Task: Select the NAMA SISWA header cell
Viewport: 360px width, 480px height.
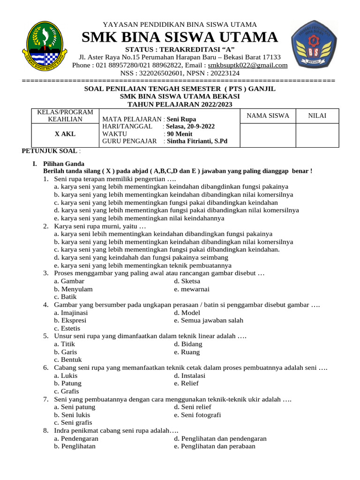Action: (x=268, y=116)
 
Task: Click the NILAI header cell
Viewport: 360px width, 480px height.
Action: (x=317, y=116)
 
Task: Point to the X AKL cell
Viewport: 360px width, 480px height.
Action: (x=65, y=134)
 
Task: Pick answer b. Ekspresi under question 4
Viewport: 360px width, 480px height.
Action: (x=70, y=321)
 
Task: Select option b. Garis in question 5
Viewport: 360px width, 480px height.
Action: (x=66, y=352)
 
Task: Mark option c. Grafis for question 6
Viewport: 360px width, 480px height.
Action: (x=66, y=391)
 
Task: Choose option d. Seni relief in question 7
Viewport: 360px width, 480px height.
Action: (x=192, y=407)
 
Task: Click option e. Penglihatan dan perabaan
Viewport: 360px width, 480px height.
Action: (x=214, y=446)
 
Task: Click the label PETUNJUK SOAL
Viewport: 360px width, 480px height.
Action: (x=50, y=150)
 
